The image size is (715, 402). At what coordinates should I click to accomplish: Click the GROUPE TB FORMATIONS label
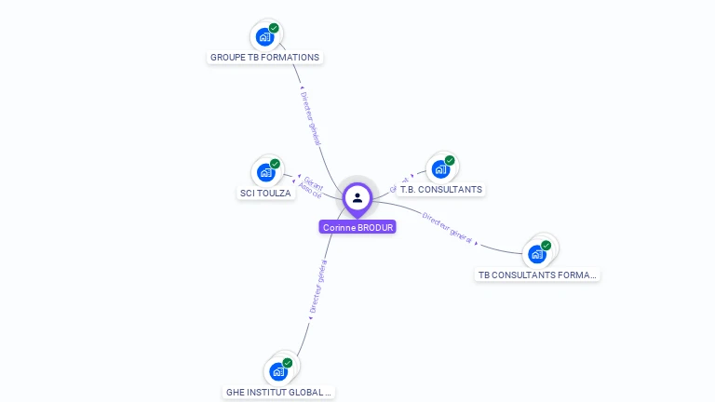(x=264, y=58)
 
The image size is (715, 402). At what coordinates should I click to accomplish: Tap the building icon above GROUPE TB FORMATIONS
(x=264, y=37)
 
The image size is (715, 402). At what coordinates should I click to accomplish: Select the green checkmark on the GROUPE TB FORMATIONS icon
(x=274, y=28)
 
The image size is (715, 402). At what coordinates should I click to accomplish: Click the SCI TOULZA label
(x=265, y=194)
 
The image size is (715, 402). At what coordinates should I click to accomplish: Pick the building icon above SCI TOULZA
(x=265, y=172)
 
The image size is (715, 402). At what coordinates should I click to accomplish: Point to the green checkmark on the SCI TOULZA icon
(x=275, y=164)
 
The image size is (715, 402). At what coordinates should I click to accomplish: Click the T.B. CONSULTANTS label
(x=440, y=190)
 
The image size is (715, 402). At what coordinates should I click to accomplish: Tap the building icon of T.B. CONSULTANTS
(x=440, y=169)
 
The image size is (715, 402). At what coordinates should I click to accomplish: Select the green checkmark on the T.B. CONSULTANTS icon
(x=450, y=161)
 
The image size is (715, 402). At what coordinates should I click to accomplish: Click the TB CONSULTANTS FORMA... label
(x=537, y=275)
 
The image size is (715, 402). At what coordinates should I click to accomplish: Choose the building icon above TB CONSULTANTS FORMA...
(x=536, y=253)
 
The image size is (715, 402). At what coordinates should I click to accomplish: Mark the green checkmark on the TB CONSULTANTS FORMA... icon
(x=546, y=246)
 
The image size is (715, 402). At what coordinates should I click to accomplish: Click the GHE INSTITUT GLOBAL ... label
(x=278, y=393)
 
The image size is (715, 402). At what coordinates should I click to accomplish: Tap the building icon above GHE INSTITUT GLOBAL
(x=277, y=371)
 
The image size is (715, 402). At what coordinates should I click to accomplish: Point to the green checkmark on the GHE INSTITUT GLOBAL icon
(x=287, y=363)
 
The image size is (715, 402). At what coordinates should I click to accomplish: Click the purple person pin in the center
(x=357, y=198)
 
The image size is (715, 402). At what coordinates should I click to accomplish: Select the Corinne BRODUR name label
(x=357, y=227)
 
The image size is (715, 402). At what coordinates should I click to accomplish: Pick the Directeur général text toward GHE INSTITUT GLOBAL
(x=317, y=290)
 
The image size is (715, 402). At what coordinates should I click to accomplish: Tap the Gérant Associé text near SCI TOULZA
(x=312, y=187)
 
